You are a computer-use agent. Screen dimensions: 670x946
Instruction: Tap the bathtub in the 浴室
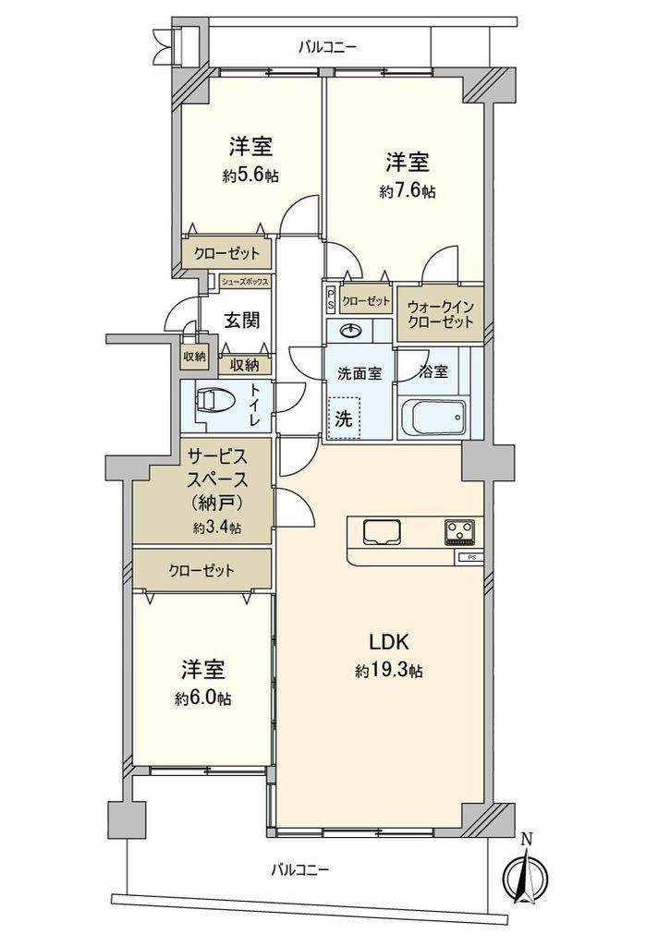coord(432,418)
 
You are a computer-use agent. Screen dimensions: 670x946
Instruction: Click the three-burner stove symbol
coord(459,532)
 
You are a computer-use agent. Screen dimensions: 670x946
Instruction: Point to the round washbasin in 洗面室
coord(350,331)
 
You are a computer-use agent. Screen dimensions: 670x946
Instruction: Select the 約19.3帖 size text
coord(389,671)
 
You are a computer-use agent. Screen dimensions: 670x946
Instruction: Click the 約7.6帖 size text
coord(408,192)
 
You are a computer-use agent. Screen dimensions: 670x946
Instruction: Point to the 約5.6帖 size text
coord(250,176)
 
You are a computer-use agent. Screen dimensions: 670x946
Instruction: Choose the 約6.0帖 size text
coord(202,698)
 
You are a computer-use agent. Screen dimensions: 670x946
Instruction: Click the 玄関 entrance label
coord(242,321)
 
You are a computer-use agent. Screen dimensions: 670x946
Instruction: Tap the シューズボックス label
coord(245,282)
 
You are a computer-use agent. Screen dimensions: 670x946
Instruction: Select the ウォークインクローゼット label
coord(440,314)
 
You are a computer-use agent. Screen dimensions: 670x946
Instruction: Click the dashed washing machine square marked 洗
coord(344,418)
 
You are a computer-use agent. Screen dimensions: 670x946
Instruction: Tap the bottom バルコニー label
coord(299,870)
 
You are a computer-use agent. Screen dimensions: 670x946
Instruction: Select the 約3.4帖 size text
coord(217,528)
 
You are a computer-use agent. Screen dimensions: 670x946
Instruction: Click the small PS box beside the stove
coord(471,557)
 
